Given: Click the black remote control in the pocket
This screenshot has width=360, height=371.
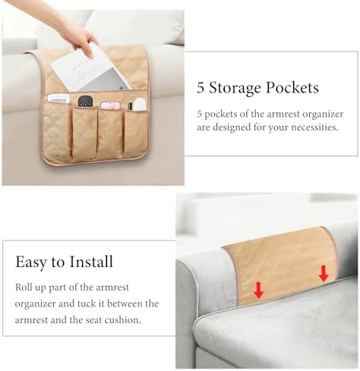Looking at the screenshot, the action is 84,101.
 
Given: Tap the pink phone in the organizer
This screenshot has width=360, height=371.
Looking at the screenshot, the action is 110,105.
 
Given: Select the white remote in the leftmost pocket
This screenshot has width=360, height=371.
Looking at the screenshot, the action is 58,99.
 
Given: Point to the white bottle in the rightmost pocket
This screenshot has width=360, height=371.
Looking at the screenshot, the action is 140,105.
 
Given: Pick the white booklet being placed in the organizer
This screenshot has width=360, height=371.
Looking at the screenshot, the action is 90,71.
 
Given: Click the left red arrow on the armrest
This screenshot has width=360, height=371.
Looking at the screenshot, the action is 259,291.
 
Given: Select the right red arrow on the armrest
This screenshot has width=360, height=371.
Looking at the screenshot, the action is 324,274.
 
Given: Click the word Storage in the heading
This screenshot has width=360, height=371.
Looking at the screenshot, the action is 235,88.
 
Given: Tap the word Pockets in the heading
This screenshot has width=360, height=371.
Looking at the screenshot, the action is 292,87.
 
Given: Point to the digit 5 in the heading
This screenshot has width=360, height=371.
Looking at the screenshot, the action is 201,88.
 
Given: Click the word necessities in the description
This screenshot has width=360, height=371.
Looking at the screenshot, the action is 314,127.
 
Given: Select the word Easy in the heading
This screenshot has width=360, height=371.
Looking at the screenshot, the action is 31,262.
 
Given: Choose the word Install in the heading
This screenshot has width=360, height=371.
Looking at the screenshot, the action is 91,262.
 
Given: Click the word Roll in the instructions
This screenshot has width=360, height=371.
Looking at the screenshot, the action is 24,288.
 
